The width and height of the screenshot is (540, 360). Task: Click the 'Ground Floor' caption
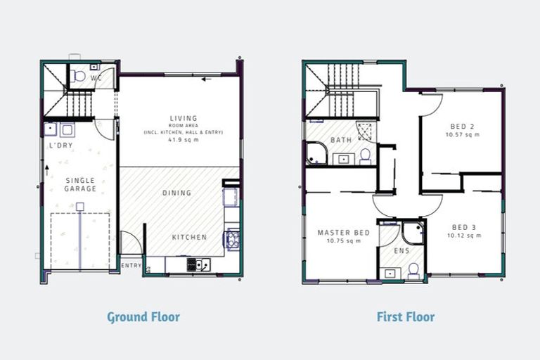pyautogui.click(x=143, y=316)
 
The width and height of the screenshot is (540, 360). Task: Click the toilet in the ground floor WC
pyautogui.click(x=79, y=75)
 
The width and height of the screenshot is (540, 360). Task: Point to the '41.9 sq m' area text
pyautogui.click(x=183, y=140)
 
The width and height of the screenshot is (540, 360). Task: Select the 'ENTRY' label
pyautogui.click(x=131, y=266)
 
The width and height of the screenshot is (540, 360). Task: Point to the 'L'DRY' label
pyautogui.click(x=60, y=146)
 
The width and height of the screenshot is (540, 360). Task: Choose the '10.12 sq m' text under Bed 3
pyautogui.click(x=465, y=236)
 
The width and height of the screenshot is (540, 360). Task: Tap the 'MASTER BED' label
pyautogui.click(x=343, y=233)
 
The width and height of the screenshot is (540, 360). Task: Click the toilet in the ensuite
pyautogui.click(x=413, y=269)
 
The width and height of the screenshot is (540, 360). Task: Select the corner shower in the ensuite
pyautogui.click(x=412, y=232)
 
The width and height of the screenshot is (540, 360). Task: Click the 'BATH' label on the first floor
pyautogui.click(x=342, y=141)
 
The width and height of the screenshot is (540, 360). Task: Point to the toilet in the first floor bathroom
pyautogui.click(x=365, y=155)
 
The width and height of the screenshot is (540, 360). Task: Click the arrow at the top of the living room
pyautogui.click(x=206, y=79)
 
